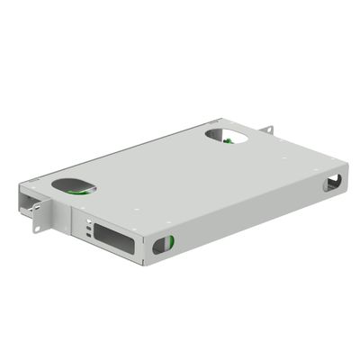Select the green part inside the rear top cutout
[228, 139]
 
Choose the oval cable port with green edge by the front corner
[162, 244]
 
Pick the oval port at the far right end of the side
[332, 183]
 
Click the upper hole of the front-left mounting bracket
[36, 209]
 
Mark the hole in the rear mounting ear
[267, 131]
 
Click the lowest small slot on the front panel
[88, 236]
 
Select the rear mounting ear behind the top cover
[266, 130]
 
